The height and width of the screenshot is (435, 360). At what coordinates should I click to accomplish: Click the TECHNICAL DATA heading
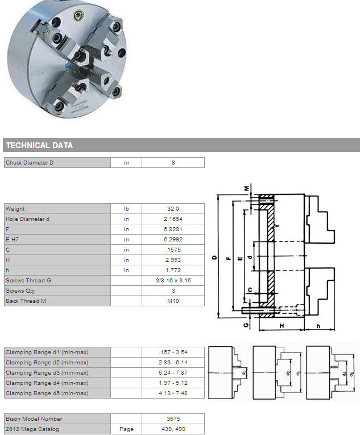tap(39, 145)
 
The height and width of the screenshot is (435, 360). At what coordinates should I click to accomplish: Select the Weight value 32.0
tap(173, 208)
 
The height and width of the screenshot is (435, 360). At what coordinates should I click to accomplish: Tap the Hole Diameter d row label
tap(27, 219)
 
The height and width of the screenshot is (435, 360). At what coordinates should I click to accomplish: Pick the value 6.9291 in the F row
tap(173, 229)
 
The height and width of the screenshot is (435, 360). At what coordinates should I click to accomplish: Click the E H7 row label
tap(12, 239)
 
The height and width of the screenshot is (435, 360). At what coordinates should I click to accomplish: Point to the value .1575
tap(173, 250)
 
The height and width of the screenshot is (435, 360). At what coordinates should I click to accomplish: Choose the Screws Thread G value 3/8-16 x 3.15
tap(173, 281)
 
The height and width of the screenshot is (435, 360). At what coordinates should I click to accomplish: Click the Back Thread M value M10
tap(173, 301)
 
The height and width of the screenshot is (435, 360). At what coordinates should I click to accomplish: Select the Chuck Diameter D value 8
tap(173, 163)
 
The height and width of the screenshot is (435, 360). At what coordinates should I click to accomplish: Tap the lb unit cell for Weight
tap(126, 208)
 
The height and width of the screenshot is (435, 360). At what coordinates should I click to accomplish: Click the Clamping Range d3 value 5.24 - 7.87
tap(173, 372)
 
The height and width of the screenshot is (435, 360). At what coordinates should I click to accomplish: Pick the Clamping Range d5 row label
tap(47, 393)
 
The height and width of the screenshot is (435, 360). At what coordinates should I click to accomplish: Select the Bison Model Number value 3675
tap(173, 418)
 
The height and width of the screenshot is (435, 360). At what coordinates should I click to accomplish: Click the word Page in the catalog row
tap(126, 429)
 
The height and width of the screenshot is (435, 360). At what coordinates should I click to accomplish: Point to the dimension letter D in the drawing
tap(214, 257)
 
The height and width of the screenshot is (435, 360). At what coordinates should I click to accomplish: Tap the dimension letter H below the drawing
tap(282, 326)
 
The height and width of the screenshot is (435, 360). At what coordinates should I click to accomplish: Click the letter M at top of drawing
tap(246, 188)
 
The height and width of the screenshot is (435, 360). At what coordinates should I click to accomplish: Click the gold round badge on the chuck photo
tap(78, 15)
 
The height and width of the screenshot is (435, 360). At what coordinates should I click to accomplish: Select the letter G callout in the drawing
tap(246, 325)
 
